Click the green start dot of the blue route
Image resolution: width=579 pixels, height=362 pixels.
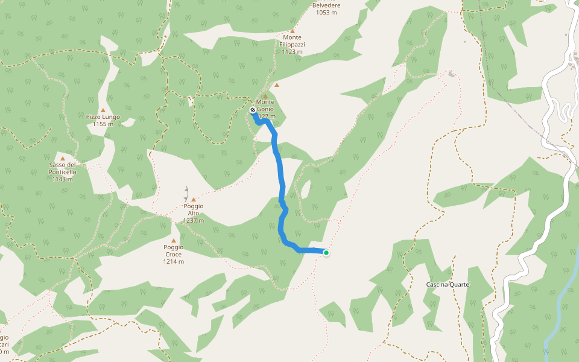tap(326, 253)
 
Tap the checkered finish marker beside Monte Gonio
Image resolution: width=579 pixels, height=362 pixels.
tap(253, 110)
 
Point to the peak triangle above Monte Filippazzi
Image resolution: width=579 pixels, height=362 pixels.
tap(293, 31)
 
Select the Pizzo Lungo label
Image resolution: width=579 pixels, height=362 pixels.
tap(103, 116)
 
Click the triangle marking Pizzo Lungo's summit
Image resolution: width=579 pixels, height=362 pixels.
tap(103, 110)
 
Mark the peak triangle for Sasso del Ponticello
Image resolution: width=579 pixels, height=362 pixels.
tap(62, 159)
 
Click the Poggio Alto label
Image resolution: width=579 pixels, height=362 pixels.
tap(194, 209)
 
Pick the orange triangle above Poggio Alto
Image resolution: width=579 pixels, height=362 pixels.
tap(194, 200)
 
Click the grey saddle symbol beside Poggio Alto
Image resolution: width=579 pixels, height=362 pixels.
tap(186, 194)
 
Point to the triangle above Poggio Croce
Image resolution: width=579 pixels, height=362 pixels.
tap(174, 240)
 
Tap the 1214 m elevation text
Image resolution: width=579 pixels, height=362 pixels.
tap(173, 261)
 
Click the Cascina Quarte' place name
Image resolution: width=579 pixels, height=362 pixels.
tap(448, 284)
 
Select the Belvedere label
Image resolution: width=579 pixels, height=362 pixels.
tap(326, 5)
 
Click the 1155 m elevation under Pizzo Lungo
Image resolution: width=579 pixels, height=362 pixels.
tap(103, 124)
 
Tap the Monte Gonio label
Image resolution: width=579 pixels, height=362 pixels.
tap(265, 105)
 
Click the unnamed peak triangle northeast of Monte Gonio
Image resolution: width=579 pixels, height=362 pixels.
tap(277, 85)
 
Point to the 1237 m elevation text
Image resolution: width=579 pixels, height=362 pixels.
tap(194, 220)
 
